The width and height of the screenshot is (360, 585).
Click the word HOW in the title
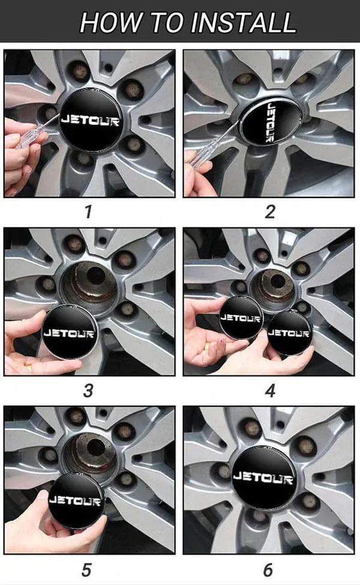tap(104, 22)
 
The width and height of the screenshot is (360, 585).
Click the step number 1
tap(89, 212)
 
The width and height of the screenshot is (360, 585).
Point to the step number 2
tap(270, 212)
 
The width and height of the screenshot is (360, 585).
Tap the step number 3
tap(89, 391)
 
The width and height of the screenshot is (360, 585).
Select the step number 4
tap(270, 391)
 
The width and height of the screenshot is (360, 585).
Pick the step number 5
tap(89, 569)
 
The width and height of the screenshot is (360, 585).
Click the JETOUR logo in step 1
tap(90, 120)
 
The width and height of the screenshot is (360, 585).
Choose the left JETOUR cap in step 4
tap(241, 318)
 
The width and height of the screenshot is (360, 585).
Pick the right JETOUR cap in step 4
tap(289, 332)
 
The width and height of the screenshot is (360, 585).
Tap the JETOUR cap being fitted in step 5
tap(73, 499)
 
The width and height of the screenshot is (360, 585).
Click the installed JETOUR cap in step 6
tap(263, 478)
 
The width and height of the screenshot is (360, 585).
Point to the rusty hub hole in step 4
tap(277, 279)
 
